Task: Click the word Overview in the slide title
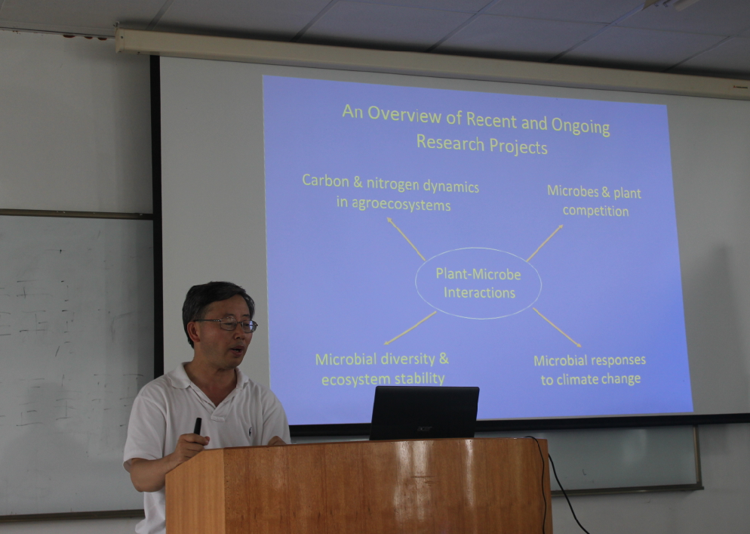pos(404,114)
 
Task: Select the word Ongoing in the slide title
pos(581,125)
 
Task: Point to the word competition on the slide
pos(595,211)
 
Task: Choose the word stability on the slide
pos(420,378)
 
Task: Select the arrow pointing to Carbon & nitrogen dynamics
pos(406,239)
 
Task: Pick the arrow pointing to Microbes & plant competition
pos(545,242)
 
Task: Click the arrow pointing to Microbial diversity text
pos(410,328)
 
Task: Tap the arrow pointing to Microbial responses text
pos(557,327)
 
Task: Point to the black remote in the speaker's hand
pos(197,426)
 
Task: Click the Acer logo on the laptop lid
pos(425,429)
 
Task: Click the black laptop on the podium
pos(424,413)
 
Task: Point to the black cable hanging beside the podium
pos(560,483)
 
